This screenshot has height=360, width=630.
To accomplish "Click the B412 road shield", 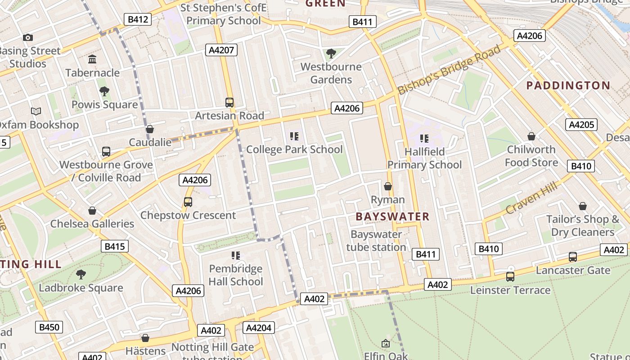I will pyautogui.click(x=137, y=19).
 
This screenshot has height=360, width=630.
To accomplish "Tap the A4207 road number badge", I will pyautogui.click(x=222, y=50).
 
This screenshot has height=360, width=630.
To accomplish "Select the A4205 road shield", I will pyautogui.click(x=581, y=125).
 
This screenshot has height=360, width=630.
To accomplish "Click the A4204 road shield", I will pyautogui.click(x=258, y=328).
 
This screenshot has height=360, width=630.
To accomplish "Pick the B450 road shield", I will pyautogui.click(x=49, y=327).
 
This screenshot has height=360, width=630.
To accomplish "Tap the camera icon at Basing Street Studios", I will pyautogui.click(x=28, y=38).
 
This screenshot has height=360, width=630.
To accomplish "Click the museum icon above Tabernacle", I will pyautogui.click(x=92, y=59).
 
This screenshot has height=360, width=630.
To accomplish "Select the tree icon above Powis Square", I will pyautogui.click(x=104, y=91).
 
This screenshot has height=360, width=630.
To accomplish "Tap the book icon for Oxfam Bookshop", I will pyautogui.click(x=36, y=111).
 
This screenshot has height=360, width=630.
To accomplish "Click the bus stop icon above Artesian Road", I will pyautogui.click(x=229, y=102).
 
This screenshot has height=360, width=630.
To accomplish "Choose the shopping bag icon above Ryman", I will pyautogui.click(x=387, y=186).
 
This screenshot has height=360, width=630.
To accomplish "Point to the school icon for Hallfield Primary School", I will pyautogui.click(x=424, y=138).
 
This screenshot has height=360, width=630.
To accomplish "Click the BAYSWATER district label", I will pyautogui.click(x=392, y=216).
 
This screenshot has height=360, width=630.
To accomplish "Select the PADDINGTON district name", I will pyautogui.click(x=568, y=85).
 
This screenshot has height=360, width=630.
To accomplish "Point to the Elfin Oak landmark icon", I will pyautogui.click(x=386, y=344).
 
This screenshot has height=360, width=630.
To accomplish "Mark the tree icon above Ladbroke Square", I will pyautogui.click(x=81, y=274).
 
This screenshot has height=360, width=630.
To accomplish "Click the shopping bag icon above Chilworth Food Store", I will pyautogui.click(x=531, y=136).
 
